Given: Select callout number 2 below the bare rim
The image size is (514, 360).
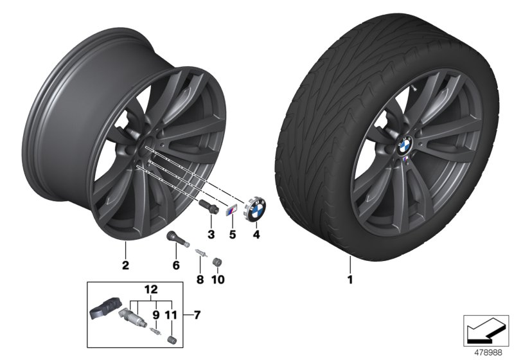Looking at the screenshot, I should pos(126,264).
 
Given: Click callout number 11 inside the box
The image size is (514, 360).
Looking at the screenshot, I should pos(172,314).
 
